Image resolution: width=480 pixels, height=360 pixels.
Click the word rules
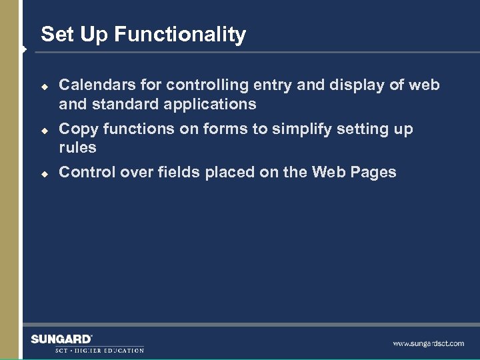[x=77, y=147]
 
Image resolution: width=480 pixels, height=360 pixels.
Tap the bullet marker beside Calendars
[x=44, y=86]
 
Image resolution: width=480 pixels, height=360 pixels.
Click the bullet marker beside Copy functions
[x=44, y=129]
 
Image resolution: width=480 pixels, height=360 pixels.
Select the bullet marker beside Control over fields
[x=44, y=173]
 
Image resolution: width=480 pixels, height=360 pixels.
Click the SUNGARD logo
[x=61, y=339]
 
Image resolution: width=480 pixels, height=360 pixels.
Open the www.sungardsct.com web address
[x=428, y=343]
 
